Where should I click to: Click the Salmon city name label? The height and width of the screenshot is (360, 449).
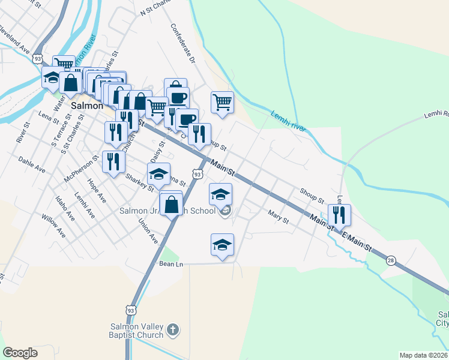tap(85, 105)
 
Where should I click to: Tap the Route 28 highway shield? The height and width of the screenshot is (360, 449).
tap(391, 260)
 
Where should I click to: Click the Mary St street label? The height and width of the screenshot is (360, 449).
tap(279, 217)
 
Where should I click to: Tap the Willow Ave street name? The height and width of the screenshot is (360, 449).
tap(53, 226)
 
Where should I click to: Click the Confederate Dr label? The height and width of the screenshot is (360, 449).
tap(183, 43)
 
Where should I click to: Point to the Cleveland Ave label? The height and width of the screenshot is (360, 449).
tap(15, 37)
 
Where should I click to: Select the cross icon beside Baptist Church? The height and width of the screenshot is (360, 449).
tap(173, 329)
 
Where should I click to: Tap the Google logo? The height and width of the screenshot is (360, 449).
tap(20, 353)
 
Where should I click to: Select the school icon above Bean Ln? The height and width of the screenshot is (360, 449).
tap(222, 244)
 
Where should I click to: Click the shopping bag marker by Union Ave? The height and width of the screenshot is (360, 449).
tap(172, 204)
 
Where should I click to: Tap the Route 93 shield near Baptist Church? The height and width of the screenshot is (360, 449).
tap(131, 310)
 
